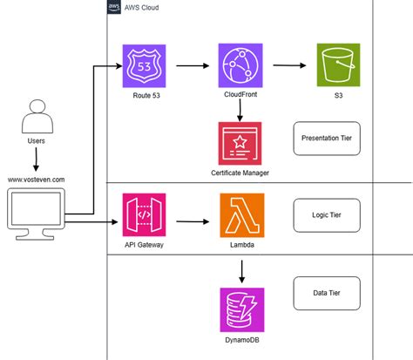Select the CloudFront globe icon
click(x=240, y=65)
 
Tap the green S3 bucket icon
click(x=338, y=65)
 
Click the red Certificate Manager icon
click(x=240, y=142)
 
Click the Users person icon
click(x=36, y=116)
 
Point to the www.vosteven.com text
click(x=36, y=180)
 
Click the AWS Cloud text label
click(x=144, y=7)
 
